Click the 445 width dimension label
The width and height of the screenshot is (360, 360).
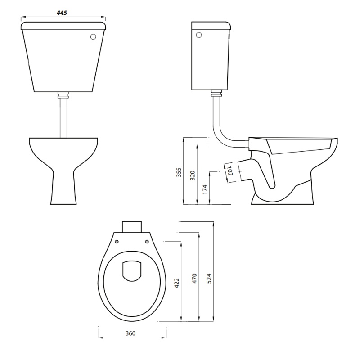[x=62, y=13]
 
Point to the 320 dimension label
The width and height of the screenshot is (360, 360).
[x=193, y=175]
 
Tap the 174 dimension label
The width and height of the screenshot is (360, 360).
[x=205, y=189]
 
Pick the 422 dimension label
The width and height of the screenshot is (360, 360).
[x=177, y=282]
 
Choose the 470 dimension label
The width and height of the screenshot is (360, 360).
[x=194, y=278]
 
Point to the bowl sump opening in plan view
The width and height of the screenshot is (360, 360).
[x=132, y=271]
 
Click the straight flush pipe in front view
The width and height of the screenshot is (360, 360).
[x=63, y=117]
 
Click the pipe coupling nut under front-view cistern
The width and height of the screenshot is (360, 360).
[x=63, y=95]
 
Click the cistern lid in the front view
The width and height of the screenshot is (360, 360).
[x=63, y=25]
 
